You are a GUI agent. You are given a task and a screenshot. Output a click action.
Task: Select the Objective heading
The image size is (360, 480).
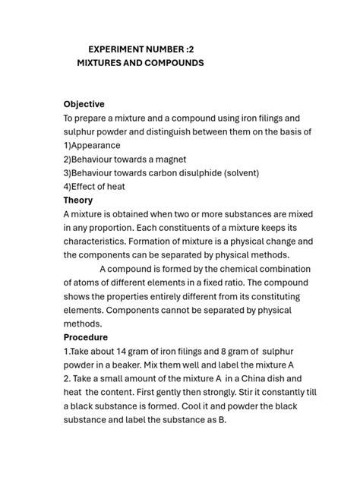(x=84, y=104)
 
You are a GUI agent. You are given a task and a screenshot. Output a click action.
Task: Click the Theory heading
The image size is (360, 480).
(x=77, y=201)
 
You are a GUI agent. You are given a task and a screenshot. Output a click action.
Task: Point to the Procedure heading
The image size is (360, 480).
(x=86, y=336)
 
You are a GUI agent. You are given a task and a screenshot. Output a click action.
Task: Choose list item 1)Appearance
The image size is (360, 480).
(x=92, y=145)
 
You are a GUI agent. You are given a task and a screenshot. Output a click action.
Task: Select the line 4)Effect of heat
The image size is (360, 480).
(x=94, y=186)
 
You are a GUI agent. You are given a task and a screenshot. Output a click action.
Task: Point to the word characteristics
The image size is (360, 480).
(x=98, y=242)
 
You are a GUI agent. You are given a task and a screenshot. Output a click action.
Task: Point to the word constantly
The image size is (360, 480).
(x=269, y=392)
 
